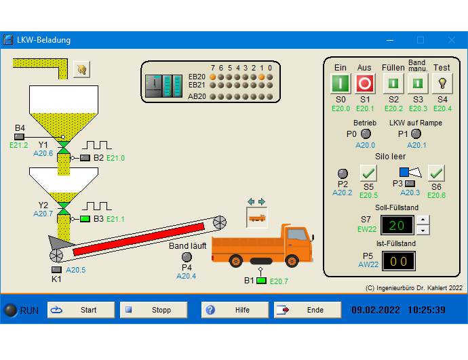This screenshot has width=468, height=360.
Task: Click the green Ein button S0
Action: [x=340, y=83]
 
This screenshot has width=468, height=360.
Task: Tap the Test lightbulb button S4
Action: [x=442, y=83]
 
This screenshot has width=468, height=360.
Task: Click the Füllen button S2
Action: [x=393, y=83]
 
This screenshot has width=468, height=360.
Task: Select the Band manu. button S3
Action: [x=418, y=83]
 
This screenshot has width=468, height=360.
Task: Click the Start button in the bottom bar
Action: [x=81, y=310]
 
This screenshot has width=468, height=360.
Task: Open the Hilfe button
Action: [x=235, y=310]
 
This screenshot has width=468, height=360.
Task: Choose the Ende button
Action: [x=308, y=310]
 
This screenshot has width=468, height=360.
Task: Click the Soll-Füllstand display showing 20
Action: [x=397, y=225]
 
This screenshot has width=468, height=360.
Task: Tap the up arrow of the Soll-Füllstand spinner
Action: [x=423, y=220]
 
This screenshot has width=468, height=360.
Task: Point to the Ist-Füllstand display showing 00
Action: [x=399, y=261]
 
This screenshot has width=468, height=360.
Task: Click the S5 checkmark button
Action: [x=368, y=173]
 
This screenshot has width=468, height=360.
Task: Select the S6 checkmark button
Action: [x=436, y=173]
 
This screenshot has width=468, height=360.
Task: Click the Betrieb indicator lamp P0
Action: [x=366, y=134]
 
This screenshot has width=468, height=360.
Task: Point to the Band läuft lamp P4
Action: [x=187, y=257]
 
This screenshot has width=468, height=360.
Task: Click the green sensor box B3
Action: [x=85, y=219]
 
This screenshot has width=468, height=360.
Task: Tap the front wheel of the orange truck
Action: [x=292, y=261]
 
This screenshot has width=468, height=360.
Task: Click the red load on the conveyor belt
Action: [x=139, y=239]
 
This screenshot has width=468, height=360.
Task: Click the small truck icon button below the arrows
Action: [x=256, y=218]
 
